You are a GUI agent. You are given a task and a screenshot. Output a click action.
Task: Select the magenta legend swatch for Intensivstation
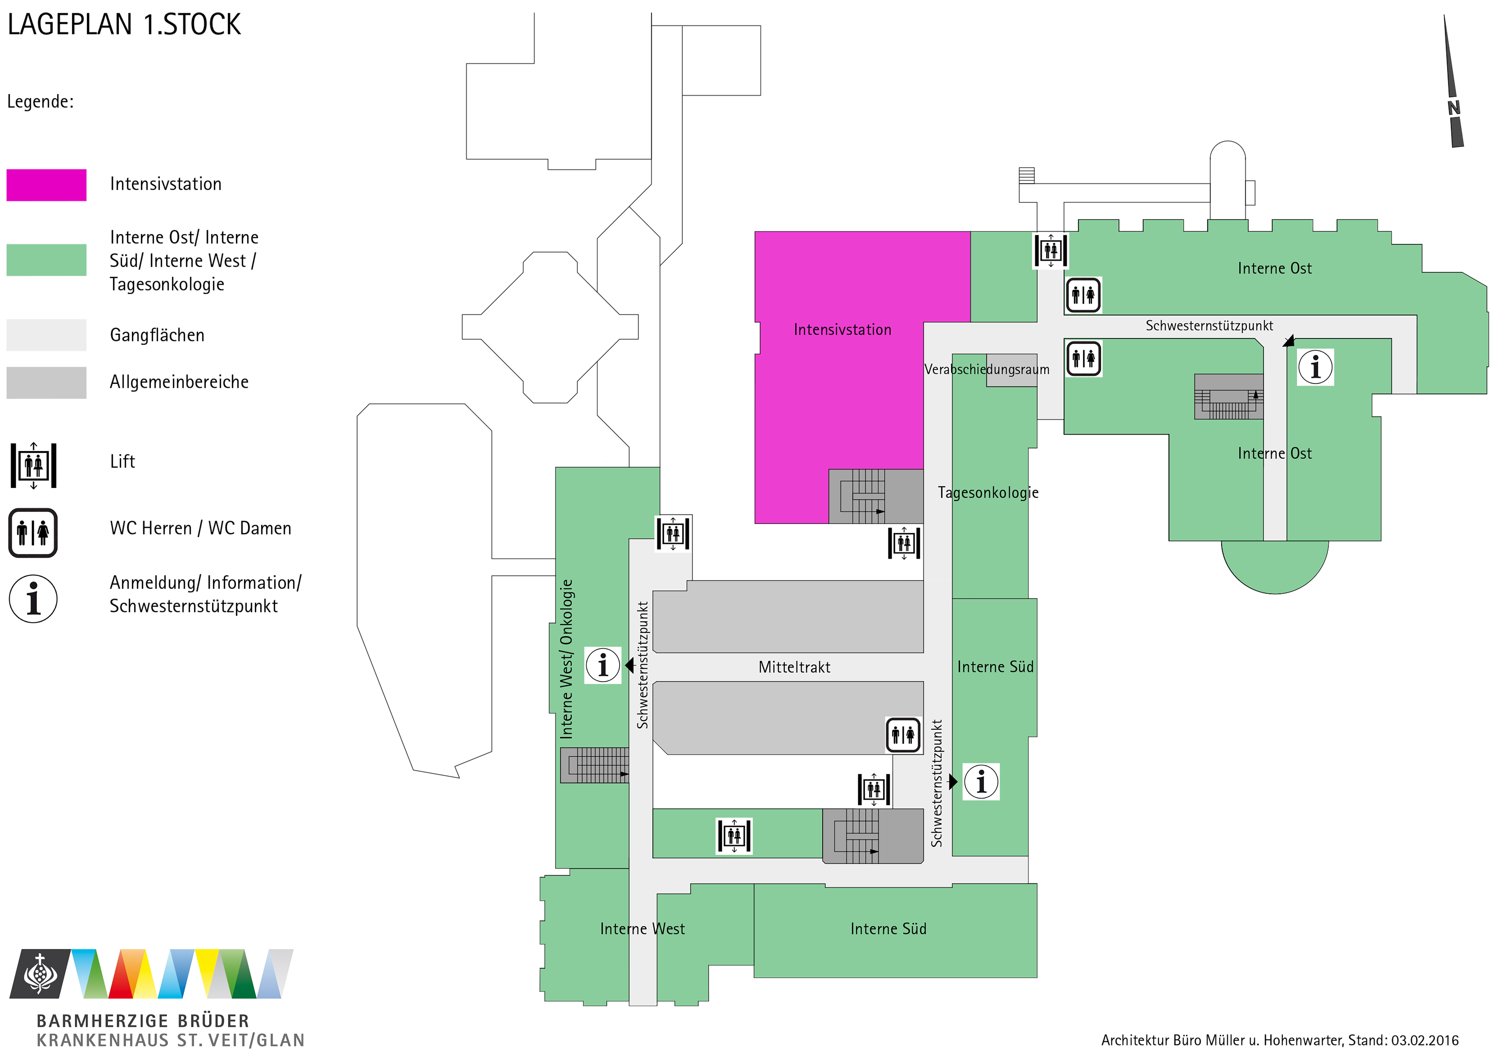click(46, 185)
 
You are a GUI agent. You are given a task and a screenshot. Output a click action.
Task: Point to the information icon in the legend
click(33, 598)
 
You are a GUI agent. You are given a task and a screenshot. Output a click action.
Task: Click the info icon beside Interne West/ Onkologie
click(602, 665)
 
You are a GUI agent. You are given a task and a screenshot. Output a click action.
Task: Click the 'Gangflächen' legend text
click(157, 335)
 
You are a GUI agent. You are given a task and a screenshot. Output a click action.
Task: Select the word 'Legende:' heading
click(40, 102)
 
